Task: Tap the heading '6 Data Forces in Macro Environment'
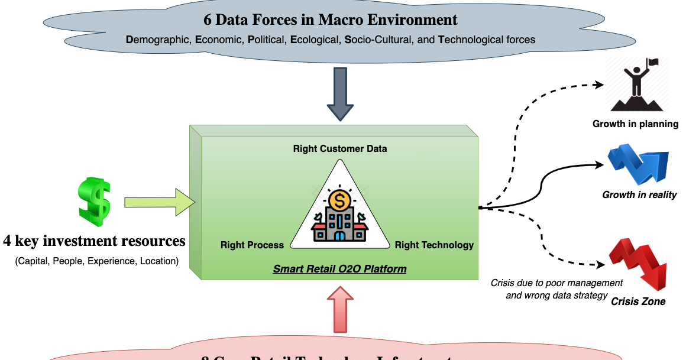[330, 20]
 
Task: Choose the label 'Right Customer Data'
[340, 149]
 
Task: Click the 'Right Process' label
[252, 245]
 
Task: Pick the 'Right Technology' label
[434, 245]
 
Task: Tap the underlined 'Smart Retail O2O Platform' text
[339, 269]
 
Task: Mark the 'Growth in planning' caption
[635, 124]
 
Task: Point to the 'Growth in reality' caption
[639, 194]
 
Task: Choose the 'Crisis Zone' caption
[638, 301]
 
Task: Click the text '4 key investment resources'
[94, 241]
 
